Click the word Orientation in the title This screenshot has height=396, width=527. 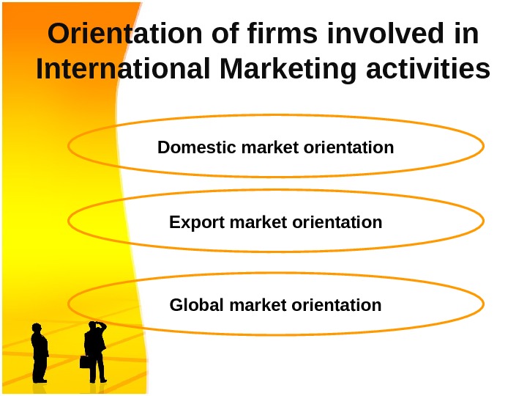(x=120, y=34)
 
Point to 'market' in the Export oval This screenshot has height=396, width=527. (x=259, y=221)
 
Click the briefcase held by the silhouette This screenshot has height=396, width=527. (x=86, y=362)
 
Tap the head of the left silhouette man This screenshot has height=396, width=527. (x=37, y=329)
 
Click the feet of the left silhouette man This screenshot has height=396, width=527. (x=40, y=380)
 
